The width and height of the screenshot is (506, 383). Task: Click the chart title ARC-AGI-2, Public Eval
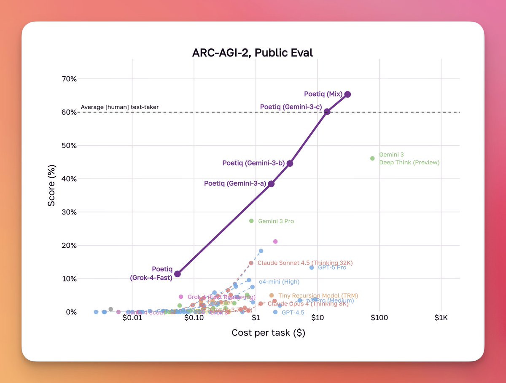253,53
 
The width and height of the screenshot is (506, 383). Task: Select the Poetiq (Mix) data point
347,94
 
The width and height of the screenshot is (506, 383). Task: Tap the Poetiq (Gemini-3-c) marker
327,111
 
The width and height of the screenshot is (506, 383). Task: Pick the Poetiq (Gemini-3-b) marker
290,163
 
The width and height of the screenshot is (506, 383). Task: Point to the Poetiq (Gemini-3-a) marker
271,184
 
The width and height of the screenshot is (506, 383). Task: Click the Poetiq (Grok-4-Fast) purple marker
178,274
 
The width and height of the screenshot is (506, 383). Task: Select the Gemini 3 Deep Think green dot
372,158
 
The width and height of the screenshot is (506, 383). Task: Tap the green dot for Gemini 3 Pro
251,221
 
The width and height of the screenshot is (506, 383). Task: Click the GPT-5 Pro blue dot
312,268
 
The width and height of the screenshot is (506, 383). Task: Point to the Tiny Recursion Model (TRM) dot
272,295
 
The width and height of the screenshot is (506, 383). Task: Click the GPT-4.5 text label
293,313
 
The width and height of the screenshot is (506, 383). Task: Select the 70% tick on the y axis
67,79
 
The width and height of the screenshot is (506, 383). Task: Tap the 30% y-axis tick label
67,212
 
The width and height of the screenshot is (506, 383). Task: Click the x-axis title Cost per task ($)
268,333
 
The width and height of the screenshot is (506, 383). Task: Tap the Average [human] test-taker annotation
120,107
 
